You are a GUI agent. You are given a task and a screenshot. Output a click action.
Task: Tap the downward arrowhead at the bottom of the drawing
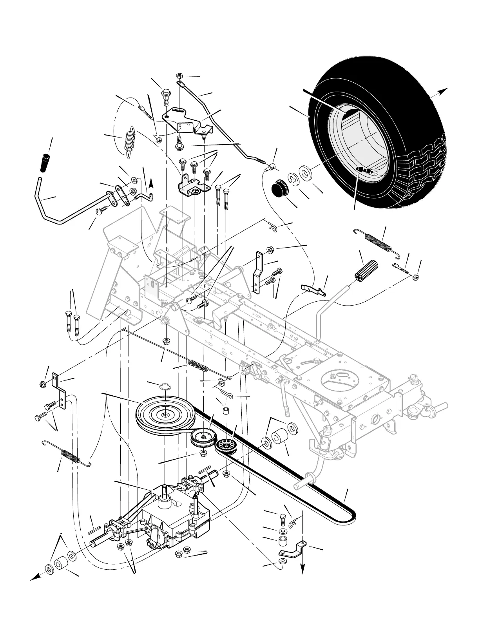click(x=302, y=570)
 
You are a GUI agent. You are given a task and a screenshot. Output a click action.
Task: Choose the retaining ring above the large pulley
click(x=165, y=387)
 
